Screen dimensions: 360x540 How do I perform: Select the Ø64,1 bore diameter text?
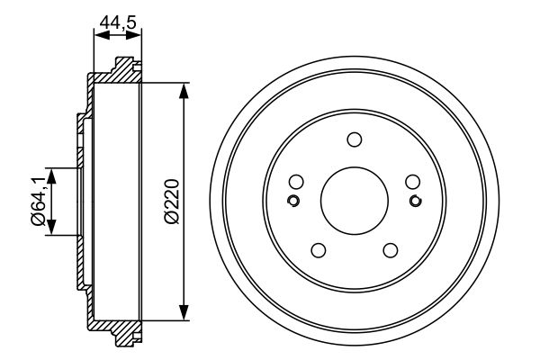(38, 199)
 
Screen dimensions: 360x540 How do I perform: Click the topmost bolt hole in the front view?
(354, 139)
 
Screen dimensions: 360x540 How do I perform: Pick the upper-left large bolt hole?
(296, 181)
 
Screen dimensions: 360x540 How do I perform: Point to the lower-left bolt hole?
(318, 249)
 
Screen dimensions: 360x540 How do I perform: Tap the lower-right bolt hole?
(390, 249)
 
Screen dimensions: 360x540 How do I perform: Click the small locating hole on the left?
(292, 200)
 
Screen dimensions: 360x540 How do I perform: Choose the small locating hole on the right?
(415, 200)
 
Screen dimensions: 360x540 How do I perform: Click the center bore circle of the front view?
(354, 200)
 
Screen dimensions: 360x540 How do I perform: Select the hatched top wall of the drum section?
(112, 76)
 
